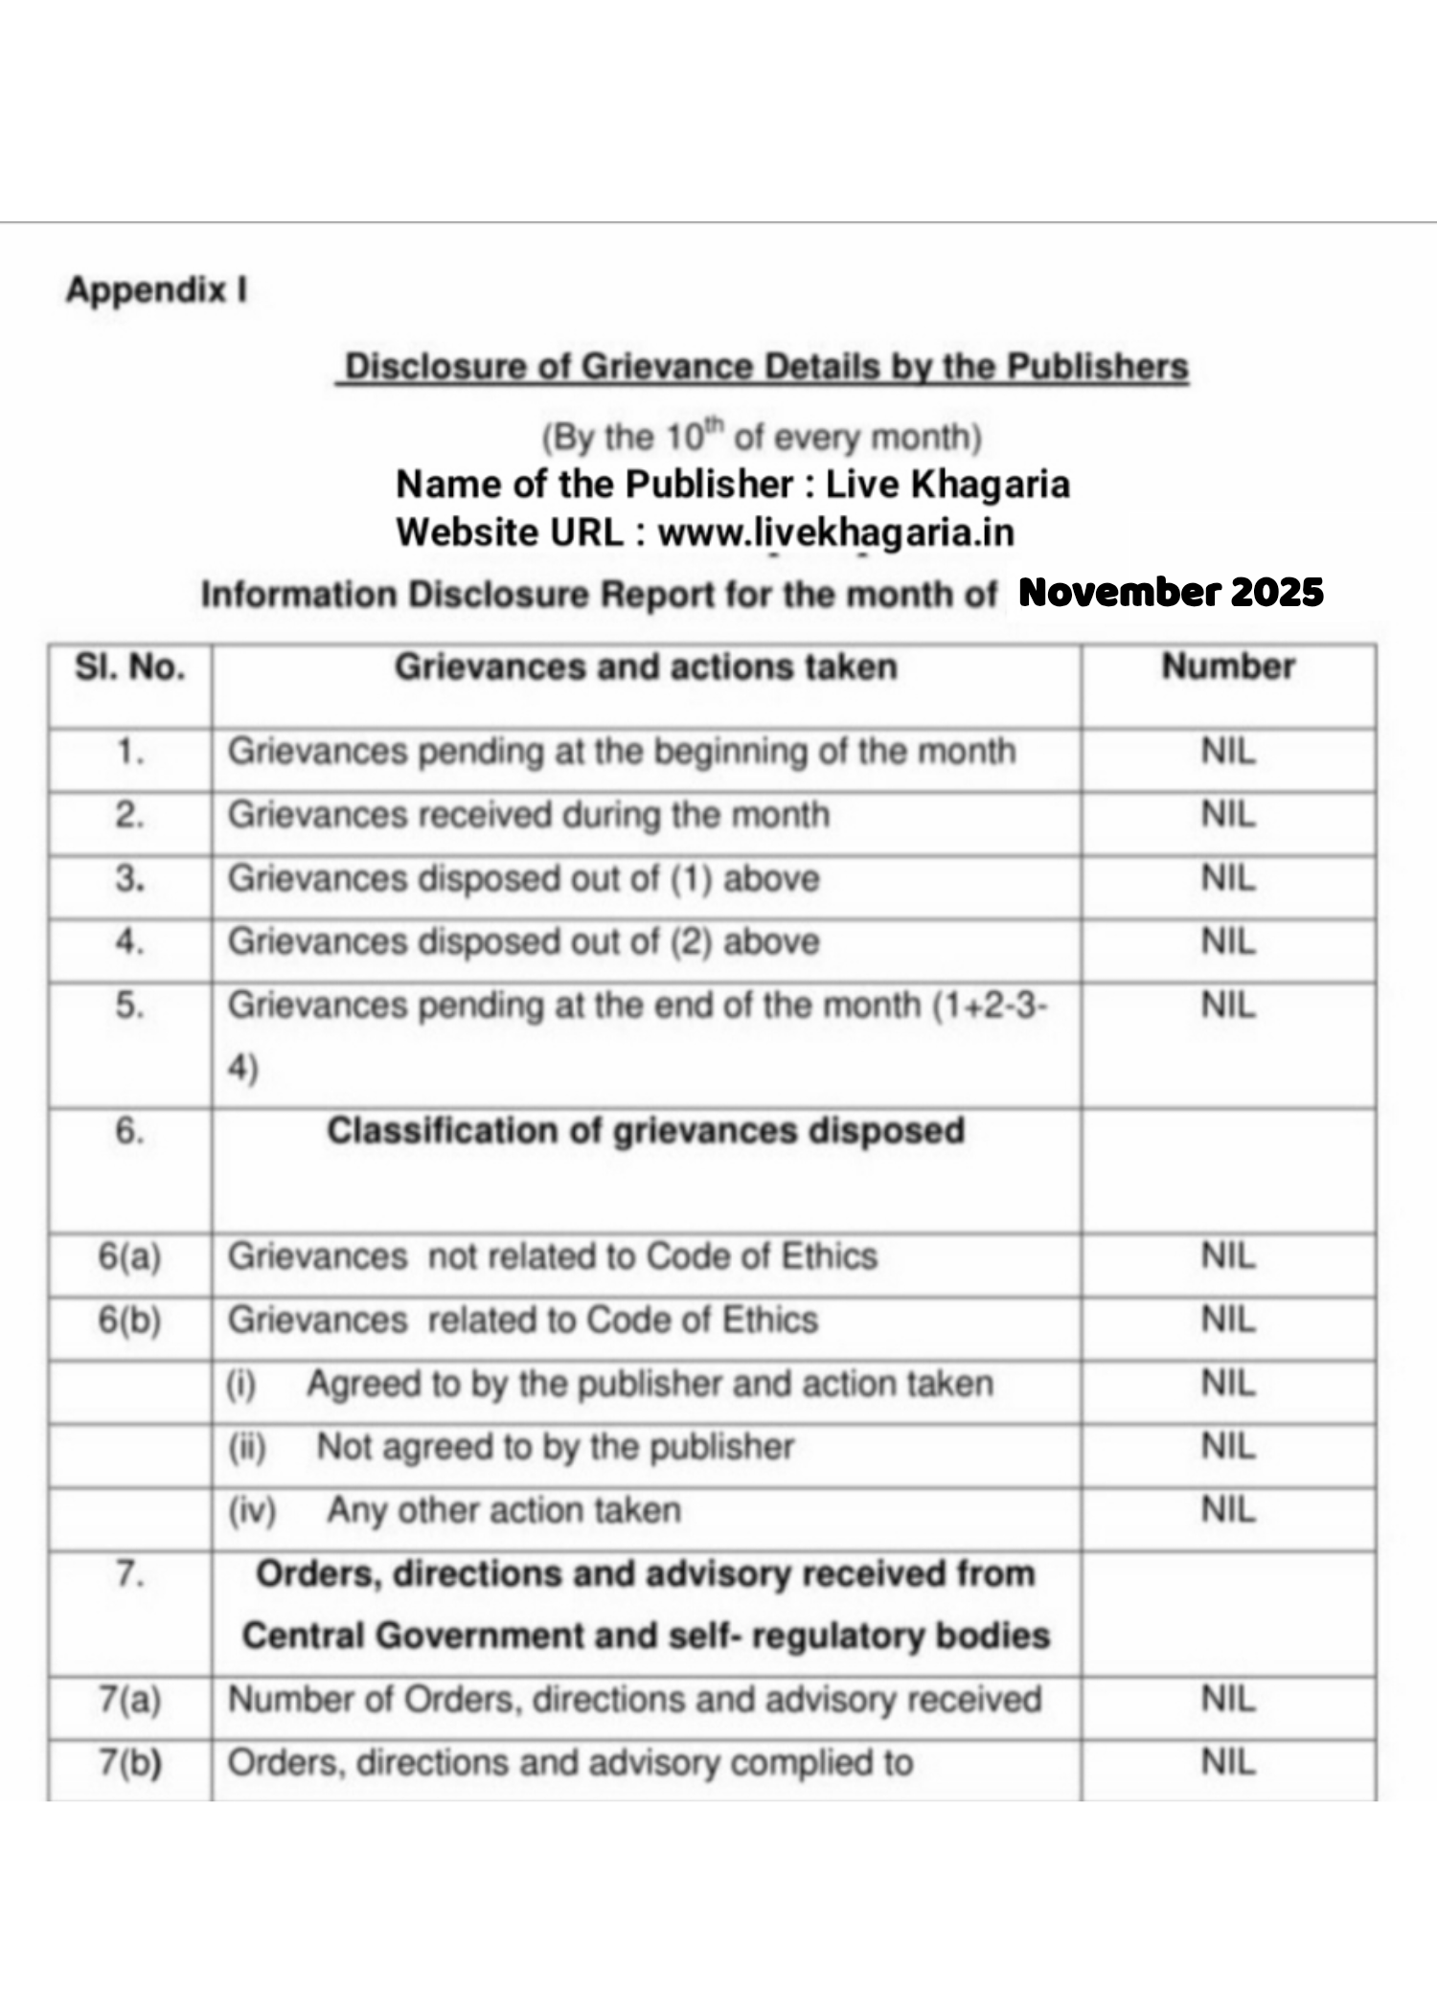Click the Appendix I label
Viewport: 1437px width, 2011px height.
pyautogui.click(x=156, y=289)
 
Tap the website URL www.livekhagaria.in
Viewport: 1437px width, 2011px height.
pyautogui.click(x=835, y=532)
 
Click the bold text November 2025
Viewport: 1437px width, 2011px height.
pyautogui.click(x=1171, y=593)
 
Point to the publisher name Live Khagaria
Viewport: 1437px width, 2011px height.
pyautogui.click(x=947, y=485)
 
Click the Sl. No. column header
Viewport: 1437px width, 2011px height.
pyautogui.click(x=130, y=667)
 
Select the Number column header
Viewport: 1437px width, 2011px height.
pyautogui.click(x=1228, y=667)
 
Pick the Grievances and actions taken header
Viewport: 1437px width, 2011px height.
pyautogui.click(x=646, y=667)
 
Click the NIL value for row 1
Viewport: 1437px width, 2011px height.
pyautogui.click(x=1228, y=752)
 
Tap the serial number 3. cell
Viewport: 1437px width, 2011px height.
pyautogui.click(x=130, y=879)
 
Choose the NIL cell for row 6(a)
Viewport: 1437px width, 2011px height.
pyautogui.click(x=1228, y=1256)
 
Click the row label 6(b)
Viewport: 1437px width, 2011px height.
pyautogui.click(x=130, y=1320)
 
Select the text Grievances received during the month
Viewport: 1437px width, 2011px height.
pyautogui.click(x=528, y=815)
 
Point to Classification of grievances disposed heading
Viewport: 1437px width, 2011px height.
pyautogui.click(x=646, y=1131)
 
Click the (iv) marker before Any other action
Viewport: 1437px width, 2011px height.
pyautogui.click(x=252, y=1510)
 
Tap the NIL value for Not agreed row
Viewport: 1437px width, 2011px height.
pyautogui.click(x=1228, y=1447)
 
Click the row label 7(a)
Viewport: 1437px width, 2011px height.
pyautogui.click(x=130, y=1700)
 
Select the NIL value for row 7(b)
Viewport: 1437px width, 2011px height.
pyautogui.click(x=1228, y=1762)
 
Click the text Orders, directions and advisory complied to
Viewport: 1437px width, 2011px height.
pyautogui.click(x=570, y=1763)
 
